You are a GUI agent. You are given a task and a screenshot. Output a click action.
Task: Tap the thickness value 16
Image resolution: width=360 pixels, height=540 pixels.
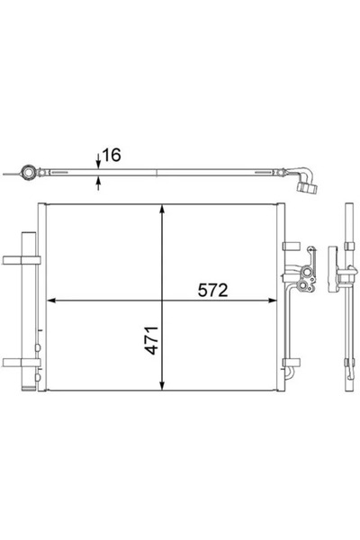pos(112,156)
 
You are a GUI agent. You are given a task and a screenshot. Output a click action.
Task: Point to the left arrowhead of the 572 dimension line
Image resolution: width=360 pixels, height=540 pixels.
pos(49,301)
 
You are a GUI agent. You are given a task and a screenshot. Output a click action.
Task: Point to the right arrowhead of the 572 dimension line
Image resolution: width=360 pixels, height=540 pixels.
pos(274,301)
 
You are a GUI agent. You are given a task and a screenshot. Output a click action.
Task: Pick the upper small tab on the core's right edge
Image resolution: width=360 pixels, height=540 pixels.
pos(290,243)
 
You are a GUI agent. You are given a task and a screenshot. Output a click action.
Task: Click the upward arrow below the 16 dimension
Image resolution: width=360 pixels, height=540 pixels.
pos(97,184)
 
